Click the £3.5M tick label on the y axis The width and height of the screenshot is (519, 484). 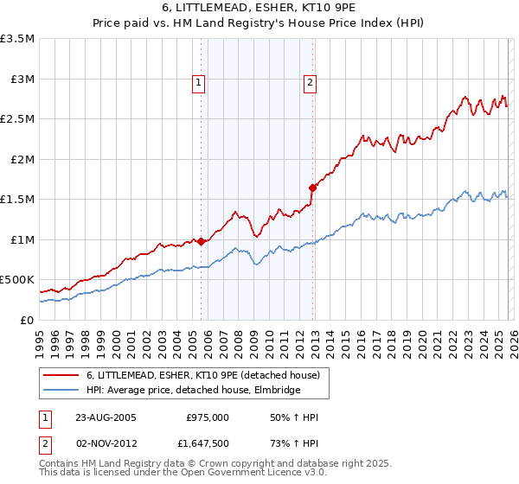coord(17,39)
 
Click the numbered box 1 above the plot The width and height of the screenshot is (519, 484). coord(198,83)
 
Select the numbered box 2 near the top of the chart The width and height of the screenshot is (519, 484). coord(309,83)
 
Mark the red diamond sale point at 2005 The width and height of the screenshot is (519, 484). coord(202,242)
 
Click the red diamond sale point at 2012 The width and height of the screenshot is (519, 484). coord(312,187)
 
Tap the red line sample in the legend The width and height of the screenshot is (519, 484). coord(61,375)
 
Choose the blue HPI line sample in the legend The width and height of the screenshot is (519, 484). coord(61,390)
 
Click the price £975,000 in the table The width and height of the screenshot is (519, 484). coord(208,417)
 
